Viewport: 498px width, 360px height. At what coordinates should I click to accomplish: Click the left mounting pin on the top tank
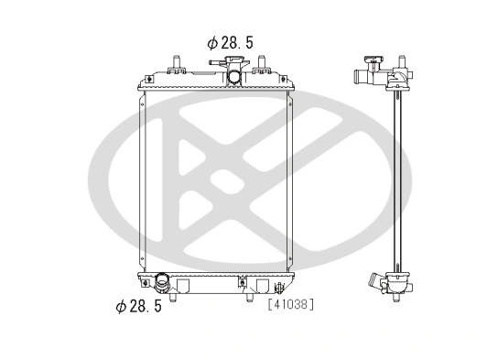(x=175, y=63)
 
